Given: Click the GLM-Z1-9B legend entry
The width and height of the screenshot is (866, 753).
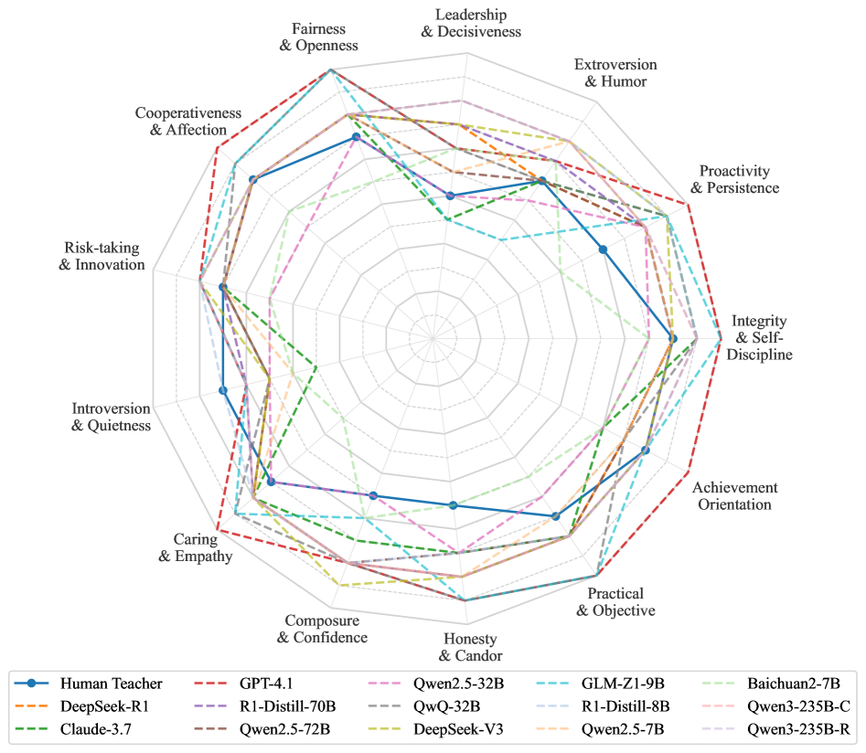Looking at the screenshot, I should (632, 684).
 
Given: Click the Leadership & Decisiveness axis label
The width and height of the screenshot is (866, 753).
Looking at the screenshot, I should (471, 24).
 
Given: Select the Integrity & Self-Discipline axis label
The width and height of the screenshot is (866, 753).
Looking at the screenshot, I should (759, 338).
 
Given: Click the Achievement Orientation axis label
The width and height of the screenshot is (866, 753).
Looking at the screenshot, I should (734, 496).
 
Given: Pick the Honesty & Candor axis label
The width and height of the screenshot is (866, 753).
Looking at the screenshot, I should (470, 646).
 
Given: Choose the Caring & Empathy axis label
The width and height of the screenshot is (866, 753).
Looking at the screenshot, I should (195, 547).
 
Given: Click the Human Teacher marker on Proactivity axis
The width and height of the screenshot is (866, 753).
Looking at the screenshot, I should (603, 249).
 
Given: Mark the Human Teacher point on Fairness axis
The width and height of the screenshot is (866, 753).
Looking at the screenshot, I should (356, 138).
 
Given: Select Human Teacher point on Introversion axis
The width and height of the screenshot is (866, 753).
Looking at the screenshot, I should (224, 390).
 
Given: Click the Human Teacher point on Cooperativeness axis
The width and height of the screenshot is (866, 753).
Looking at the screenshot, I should (251, 179).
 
